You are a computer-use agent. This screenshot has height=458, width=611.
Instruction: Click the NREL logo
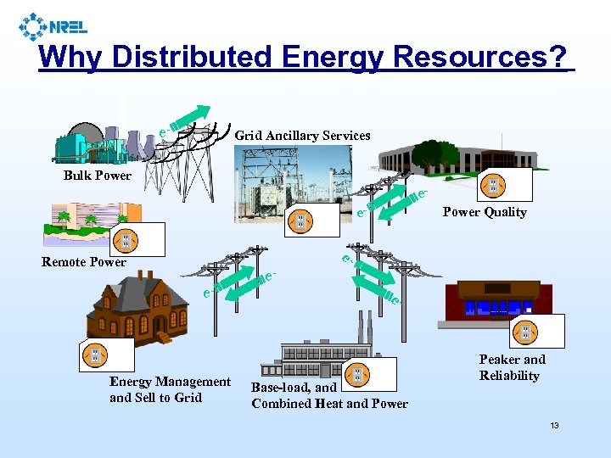coord(52,27)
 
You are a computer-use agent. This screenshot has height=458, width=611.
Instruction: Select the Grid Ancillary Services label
coord(302,136)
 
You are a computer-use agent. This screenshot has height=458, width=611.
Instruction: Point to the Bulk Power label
coord(98,176)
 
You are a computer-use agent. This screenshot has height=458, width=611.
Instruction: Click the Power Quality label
coord(485,212)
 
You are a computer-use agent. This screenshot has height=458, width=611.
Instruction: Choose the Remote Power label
coord(84,261)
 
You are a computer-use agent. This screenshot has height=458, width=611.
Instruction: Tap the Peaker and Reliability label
coord(512,367)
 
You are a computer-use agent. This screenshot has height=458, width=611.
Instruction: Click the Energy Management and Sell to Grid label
coord(170,389)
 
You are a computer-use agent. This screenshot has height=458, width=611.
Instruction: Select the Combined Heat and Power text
coord(329,404)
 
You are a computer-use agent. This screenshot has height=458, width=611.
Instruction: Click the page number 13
coord(554,425)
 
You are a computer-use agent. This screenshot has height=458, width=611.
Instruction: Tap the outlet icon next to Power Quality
coord(492,187)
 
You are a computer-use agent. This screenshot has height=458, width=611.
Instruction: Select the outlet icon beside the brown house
coord(94,355)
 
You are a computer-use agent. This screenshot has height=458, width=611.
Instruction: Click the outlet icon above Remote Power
coord(126,241)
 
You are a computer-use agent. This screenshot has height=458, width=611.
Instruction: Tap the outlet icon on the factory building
coord(357,373)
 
